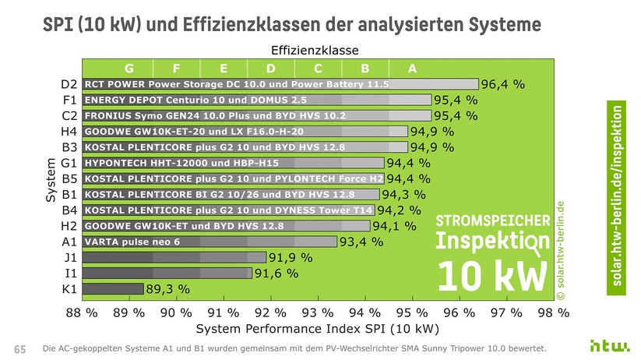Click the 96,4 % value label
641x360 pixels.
point(503,84)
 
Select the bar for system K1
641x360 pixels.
point(113,288)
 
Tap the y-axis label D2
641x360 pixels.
point(69,84)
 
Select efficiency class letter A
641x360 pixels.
point(412,68)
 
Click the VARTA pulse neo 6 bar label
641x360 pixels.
point(132,242)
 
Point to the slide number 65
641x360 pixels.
point(21,348)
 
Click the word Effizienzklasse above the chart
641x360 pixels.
point(315,50)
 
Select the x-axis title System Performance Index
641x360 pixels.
point(312,329)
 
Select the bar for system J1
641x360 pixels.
point(174,257)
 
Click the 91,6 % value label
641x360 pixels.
point(276,273)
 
